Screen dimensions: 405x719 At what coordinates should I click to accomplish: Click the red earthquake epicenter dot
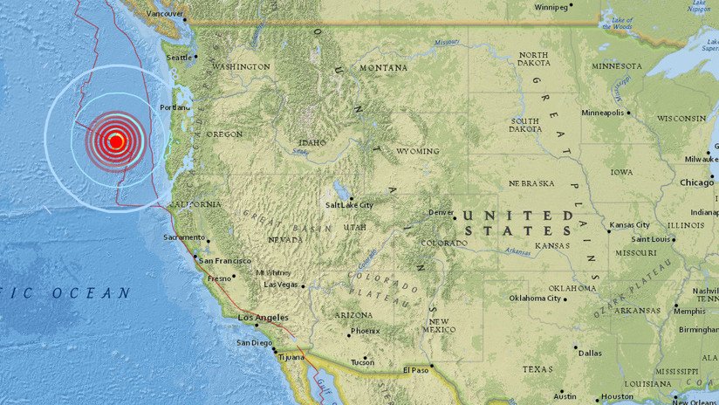tap(116, 141)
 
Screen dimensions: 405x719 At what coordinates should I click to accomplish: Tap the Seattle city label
tap(179, 58)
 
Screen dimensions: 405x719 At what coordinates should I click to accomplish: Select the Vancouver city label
tap(166, 15)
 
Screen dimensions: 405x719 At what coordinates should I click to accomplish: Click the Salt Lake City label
tap(349, 205)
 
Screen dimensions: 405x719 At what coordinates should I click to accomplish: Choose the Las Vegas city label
tap(281, 284)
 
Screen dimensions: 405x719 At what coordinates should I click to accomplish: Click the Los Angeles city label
tap(263, 319)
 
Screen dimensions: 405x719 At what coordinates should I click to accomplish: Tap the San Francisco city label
tap(224, 261)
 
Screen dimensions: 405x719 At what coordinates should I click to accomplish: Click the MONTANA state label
tap(385, 67)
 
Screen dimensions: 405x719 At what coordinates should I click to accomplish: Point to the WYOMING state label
tap(417, 151)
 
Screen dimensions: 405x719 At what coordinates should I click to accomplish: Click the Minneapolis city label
tap(603, 113)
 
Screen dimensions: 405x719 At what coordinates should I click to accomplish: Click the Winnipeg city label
tap(550, 7)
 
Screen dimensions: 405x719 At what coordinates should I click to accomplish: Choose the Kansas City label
tap(634, 224)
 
